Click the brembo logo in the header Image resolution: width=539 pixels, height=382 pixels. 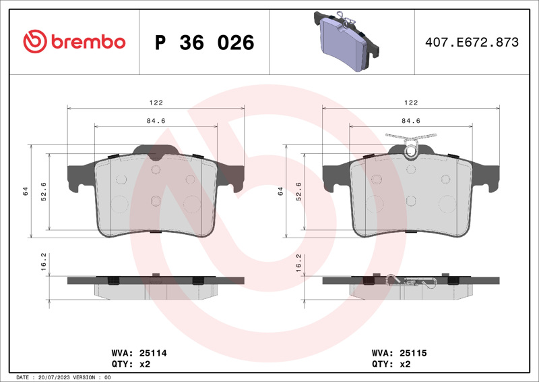click(74, 41)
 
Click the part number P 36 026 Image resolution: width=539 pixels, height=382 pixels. click(205, 43)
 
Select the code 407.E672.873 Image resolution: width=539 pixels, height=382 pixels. click(472, 42)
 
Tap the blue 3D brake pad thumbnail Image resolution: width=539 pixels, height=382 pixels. click(346, 41)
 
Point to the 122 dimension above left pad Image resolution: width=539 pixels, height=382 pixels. click(156, 103)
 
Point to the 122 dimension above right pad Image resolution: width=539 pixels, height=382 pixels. click(411, 103)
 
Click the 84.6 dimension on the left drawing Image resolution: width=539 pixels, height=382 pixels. click(156, 121)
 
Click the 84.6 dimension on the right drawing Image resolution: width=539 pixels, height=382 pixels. click(411, 121)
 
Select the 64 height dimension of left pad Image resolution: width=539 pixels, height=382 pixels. click(25, 191)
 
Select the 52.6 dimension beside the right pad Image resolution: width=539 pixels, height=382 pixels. click(298, 192)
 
